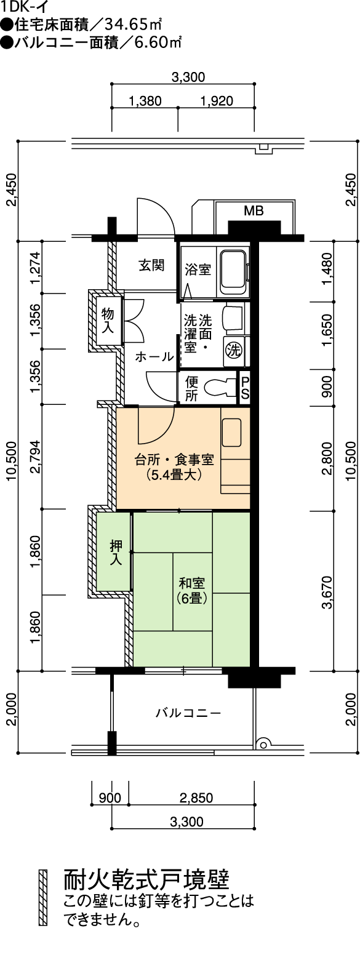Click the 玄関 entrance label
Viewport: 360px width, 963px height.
click(x=151, y=265)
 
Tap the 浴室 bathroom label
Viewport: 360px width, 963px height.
click(x=198, y=270)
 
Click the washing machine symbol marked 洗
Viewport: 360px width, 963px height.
click(x=234, y=350)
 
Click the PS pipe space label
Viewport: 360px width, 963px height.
click(x=244, y=388)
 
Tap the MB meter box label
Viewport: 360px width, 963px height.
click(x=254, y=210)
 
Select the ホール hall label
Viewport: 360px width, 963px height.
click(x=155, y=356)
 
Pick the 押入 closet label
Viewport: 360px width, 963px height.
click(x=116, y=552)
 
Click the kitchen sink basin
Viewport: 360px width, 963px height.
click(x=231, y=433)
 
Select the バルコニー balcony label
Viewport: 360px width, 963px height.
click(x=188, y=713)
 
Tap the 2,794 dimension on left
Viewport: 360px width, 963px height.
click(x=37, y=457)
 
